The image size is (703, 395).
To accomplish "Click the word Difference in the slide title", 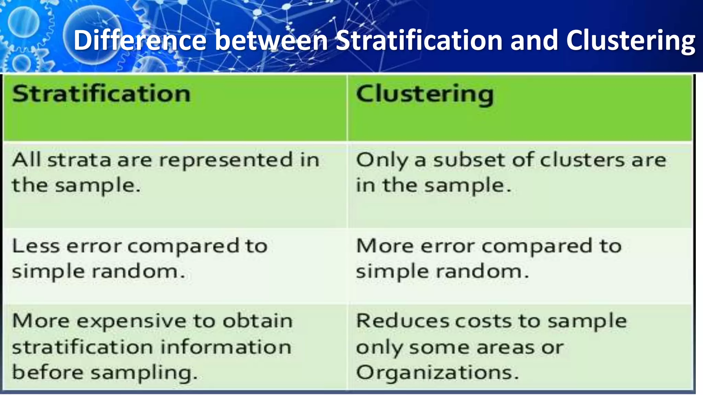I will [x=140, y=40].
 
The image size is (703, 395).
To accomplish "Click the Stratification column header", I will [x=101, y=94].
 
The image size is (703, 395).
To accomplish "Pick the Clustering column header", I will [x=425, y=94].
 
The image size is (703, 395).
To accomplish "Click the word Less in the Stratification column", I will [x=36, y=246].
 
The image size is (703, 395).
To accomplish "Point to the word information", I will [x=226, y=347].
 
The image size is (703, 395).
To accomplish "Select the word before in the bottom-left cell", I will [x=47, y=372].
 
